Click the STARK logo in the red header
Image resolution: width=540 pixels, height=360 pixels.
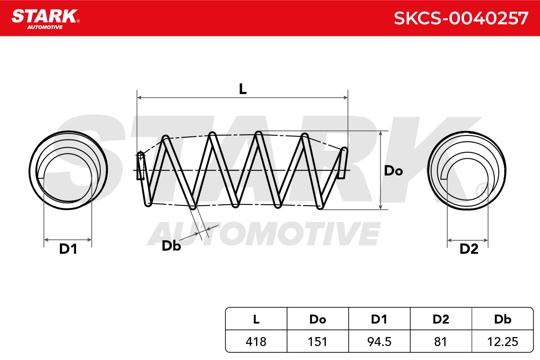(45, 19)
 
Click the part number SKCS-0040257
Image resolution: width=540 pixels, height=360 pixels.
(461, 18)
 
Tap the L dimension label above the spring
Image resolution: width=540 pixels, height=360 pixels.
(243, 89)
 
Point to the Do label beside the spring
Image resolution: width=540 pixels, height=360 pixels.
(393, 171)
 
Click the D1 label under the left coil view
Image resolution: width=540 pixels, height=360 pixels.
(68, 249)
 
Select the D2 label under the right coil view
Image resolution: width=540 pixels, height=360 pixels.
(469, 249)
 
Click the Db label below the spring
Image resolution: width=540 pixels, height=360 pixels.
(171, 246)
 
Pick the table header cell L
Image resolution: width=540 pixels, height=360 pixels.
(256, 319)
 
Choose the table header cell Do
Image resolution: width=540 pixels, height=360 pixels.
(318, 319)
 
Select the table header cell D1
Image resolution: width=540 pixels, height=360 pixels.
(379, 319)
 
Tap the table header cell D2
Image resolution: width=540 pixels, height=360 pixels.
(441, 319)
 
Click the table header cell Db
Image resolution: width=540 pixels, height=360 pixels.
(503, 319)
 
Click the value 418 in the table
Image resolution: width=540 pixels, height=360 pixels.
(256, 342)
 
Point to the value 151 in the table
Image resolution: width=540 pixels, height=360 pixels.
(318, 342)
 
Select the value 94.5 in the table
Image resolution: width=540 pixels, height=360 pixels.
(379, 342)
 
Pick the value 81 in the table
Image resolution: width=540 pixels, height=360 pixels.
(441, 342)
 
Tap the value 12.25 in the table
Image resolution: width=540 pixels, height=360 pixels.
(503, 342)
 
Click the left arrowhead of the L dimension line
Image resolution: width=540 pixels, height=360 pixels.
(139, 97)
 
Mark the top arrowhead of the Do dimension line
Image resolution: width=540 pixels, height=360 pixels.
(381, 133)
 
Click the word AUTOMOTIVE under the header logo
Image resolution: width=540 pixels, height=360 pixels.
(45, 27)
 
